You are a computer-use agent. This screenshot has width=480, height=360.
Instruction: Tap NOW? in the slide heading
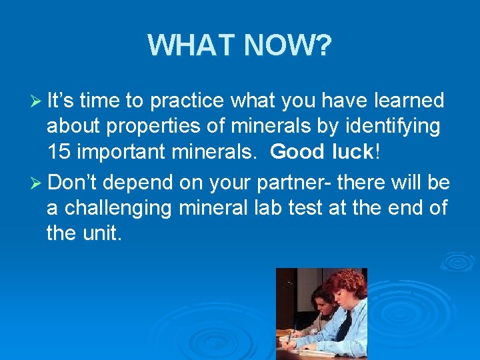click(x=288, y=45)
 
